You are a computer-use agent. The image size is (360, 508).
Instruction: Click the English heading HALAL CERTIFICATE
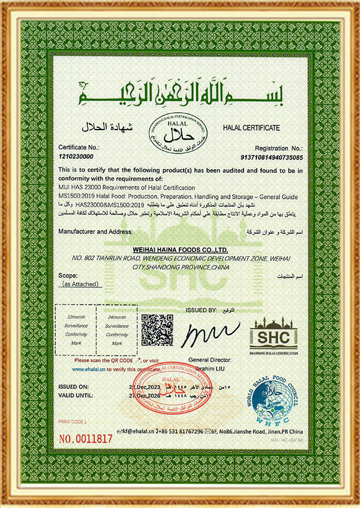(x=251, y=128)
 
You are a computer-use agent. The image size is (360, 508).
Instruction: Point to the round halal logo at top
(x=179, y=131)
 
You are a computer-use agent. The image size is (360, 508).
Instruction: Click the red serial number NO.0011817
(x=85, y=438)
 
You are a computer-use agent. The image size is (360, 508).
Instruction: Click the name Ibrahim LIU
(x=207, y=368)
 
